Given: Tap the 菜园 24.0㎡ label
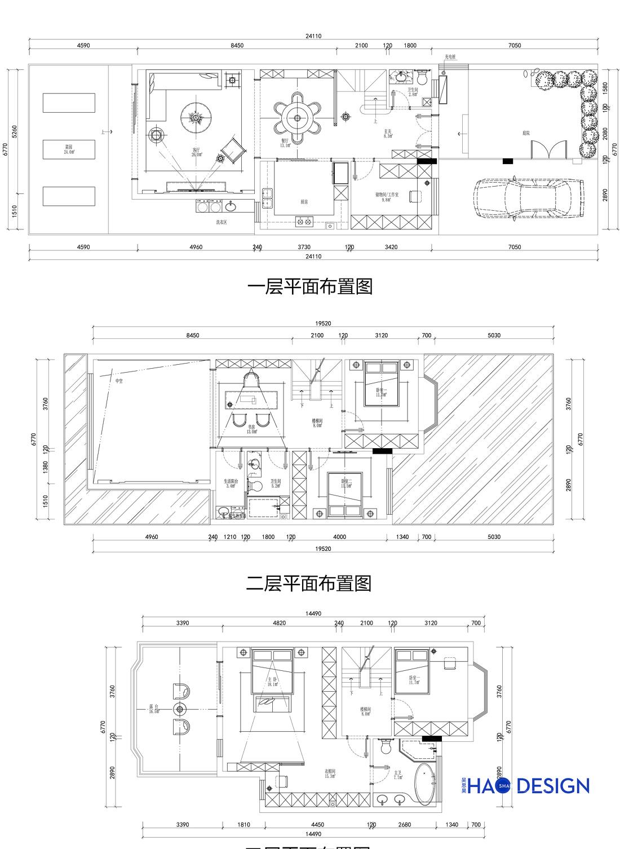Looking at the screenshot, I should point(68,149).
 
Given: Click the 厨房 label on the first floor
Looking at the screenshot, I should point(304,201).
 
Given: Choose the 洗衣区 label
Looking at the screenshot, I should point(222,223).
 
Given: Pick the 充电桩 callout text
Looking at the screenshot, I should point(450,57).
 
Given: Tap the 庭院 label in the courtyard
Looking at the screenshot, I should point(526,133).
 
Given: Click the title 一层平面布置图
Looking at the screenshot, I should point(310,287).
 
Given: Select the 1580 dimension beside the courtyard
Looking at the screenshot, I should point(605,87).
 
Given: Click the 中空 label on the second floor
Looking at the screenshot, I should point(119,381).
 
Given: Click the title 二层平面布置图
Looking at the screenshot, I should point(309,583).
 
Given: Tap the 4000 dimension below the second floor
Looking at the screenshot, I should point(339,537).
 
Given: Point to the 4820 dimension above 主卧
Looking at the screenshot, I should point(280,623).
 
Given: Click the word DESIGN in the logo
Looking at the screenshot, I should point(553,786).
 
